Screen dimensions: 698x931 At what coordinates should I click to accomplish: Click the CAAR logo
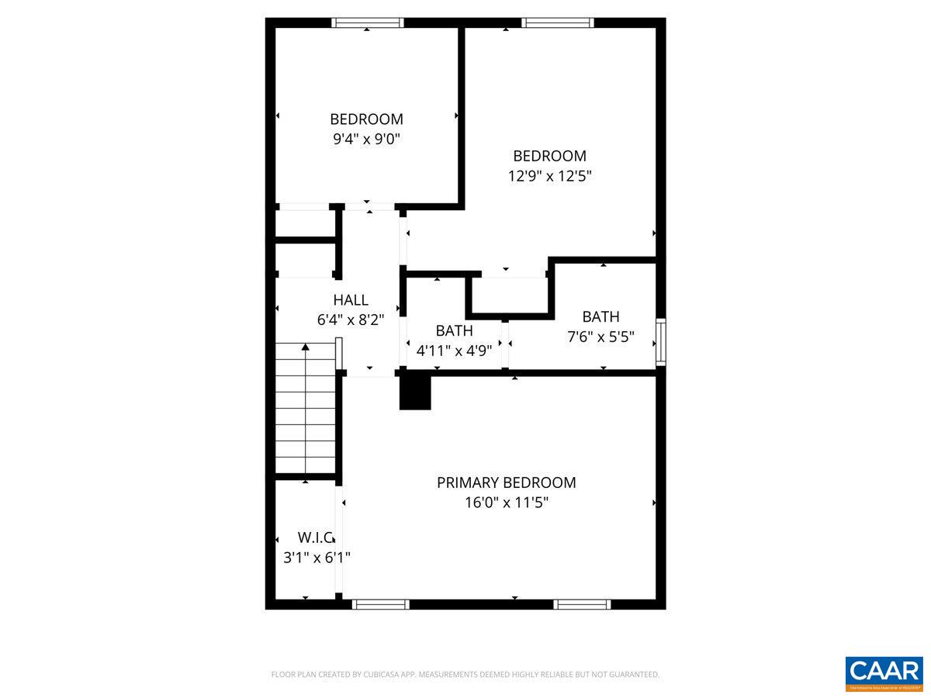click(x=884, y=673)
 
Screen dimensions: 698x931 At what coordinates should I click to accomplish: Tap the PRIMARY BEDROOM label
click(x=506, y=482)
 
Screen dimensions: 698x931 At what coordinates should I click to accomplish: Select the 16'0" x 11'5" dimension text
click(x=506, y=503)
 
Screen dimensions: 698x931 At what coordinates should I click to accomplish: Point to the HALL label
click(x=351, y=300)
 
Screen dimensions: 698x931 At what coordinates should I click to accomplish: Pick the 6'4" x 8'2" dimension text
click(x=351, y=319)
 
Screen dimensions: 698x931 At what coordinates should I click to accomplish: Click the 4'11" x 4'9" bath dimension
click(x=454, y=350)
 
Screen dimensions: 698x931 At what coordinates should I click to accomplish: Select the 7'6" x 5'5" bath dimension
click(x=600, y=337)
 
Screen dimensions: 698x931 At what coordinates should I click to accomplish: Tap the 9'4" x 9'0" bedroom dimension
click(x=366, y=140)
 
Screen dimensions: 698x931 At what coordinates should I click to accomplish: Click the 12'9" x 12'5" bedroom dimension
click(x=549, y=176)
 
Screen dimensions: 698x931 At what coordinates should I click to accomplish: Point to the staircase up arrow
click(x=306, y=347)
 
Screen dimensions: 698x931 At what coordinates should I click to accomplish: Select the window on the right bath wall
click(x=660, y=341)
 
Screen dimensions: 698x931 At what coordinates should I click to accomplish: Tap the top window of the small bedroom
click(x=368, y=22)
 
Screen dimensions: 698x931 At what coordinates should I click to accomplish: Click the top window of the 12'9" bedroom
click(x=558, y=22)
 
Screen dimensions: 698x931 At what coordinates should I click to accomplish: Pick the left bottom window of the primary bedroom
click(x=380, y=604)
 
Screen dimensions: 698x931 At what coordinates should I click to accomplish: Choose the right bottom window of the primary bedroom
click(x=582, y=604)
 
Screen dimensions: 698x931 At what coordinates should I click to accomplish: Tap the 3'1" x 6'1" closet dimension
click(x=317, y=557)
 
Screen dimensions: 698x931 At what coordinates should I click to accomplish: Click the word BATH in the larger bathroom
click(x=600, y=316)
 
